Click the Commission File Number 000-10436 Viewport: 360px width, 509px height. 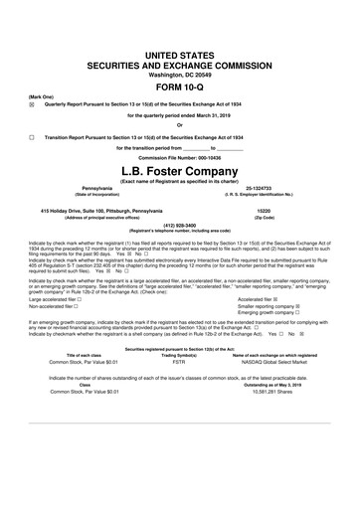tap(180, 158)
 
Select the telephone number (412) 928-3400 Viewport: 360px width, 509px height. tap(180, 224)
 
